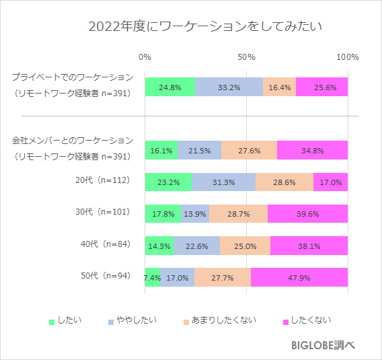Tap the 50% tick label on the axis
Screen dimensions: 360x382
click(246, 57)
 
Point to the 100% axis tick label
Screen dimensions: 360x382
click(348, 57)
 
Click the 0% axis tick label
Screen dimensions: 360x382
click(145, 57)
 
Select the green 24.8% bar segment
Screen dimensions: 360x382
click(169, 87)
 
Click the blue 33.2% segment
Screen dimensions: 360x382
click(229, 87)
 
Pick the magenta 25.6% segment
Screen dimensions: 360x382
click(321, 87)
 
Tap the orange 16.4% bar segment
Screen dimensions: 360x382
click(279, 87)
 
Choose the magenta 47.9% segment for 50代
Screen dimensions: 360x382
click(299, 277)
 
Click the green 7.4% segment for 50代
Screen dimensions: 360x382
click(152, 277)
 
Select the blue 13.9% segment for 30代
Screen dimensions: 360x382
click(195, 214)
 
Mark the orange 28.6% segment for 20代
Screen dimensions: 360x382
click(284, 182)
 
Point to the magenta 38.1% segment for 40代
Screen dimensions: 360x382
click(309, 246)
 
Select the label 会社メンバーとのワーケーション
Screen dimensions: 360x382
click(73, 141)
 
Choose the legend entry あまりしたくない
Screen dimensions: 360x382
click(223, 320)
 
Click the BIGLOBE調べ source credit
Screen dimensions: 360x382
click(323, 344)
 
